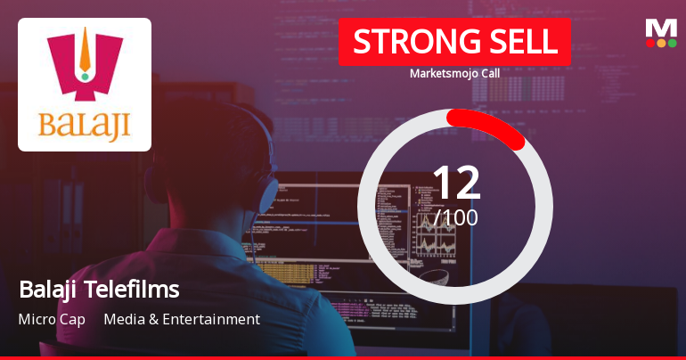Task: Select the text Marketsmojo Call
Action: [454, 73]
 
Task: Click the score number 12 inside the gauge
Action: [456, 183]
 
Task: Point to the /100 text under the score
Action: [456, 217]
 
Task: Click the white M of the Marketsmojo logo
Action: [661, 29]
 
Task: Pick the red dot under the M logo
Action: [650, 43]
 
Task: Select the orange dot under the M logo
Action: [661, 43]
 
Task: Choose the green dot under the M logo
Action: [672, 43]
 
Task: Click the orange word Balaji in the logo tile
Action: [85, 126]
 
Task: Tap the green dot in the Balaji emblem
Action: [85, 77]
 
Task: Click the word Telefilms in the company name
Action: [132, 289]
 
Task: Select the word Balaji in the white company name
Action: [49, 290]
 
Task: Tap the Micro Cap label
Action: [52, 319]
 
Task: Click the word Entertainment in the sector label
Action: [211, 319]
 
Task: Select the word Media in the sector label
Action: [124, 319]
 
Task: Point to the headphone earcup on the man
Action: [267, 192]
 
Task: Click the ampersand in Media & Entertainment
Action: [153, 320]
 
